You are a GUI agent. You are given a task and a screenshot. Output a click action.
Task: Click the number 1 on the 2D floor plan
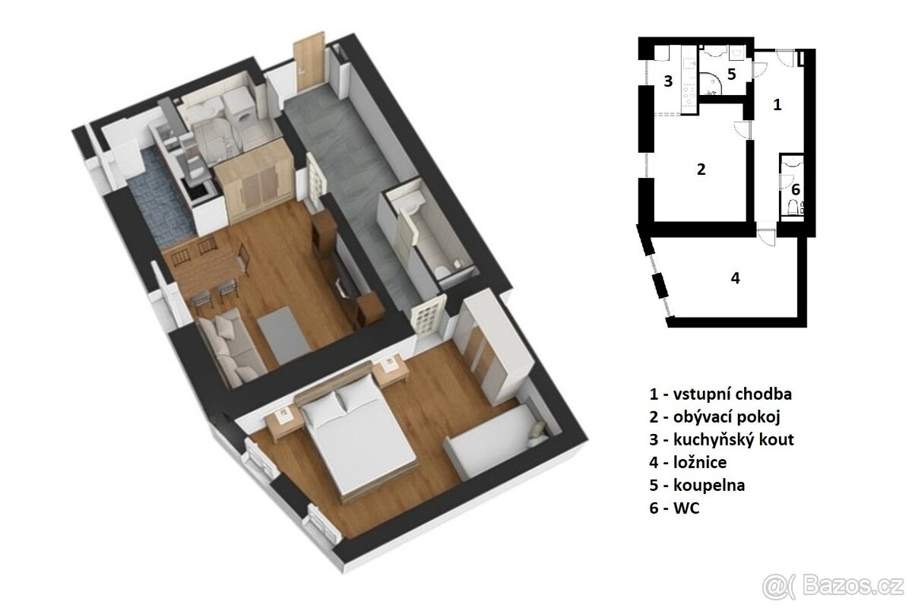(x=777, y=105)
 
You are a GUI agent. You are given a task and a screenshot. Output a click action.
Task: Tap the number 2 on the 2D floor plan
(x=701, y=169)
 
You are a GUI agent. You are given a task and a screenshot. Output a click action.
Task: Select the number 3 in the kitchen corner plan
(x=668, y=81)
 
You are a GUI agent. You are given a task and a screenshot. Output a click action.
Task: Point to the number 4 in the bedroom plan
(x=734, y=277)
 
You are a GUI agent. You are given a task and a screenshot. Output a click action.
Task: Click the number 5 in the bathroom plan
(x=731, y=74)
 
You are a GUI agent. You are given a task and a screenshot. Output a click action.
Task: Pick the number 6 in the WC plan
(x=796, y=189)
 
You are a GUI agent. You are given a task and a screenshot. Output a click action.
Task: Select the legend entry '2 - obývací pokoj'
(x=714, y=417)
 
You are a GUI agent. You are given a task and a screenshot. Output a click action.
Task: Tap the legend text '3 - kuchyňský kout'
(x=722, y=440)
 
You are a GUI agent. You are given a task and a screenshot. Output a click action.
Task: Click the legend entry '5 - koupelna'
(x=696, y=485)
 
